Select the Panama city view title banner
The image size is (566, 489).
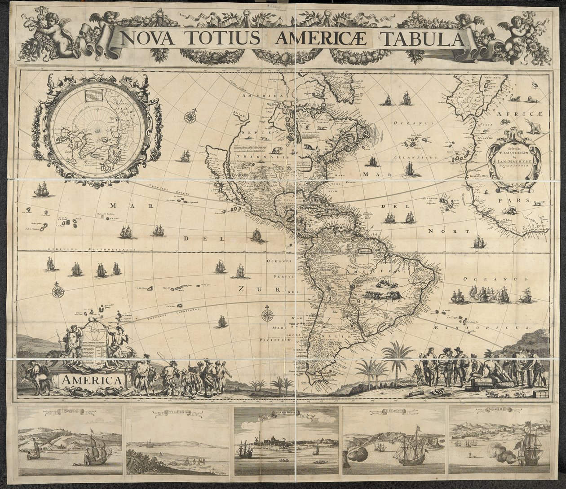pos(70,410)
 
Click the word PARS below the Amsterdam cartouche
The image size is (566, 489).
pos(520,201)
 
